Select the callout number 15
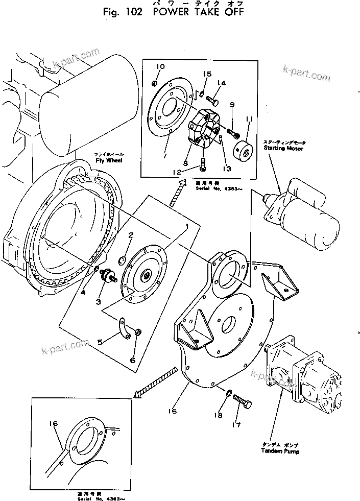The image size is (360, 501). pos(208,75)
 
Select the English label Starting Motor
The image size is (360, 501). pos(283,148)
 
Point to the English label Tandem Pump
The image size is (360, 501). pos(280,451)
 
